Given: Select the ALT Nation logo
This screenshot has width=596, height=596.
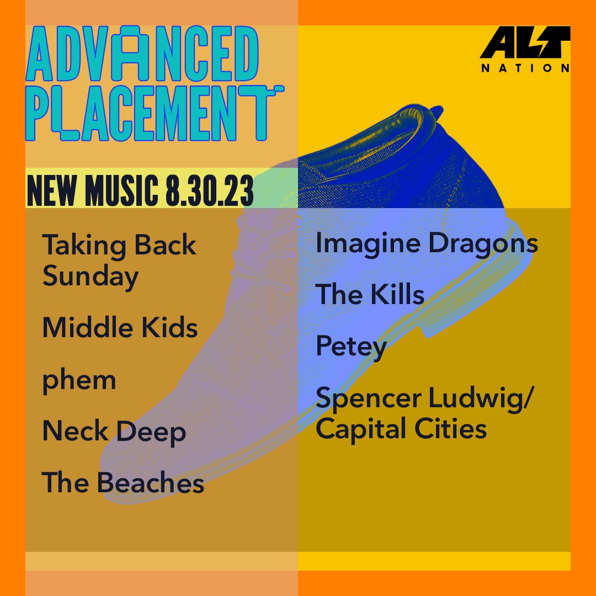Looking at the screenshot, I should tap(524, 50).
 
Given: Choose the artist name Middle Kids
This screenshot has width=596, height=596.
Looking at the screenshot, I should tap(120, 328).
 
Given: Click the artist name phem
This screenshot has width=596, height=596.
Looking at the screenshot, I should tap(79, 380).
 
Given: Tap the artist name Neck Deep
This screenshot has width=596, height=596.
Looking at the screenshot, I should tap(114, 432).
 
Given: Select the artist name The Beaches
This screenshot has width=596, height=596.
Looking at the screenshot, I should tap(123, 483).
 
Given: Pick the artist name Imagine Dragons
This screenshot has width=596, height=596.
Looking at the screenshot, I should tap(427, 243).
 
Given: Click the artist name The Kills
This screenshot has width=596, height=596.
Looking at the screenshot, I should tap(370, 295).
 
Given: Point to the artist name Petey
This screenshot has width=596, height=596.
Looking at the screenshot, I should tap(351, 347).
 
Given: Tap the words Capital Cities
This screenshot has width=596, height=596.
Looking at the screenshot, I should tap(401, 429).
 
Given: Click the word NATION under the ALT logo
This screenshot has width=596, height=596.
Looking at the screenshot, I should tap(524, 68).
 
